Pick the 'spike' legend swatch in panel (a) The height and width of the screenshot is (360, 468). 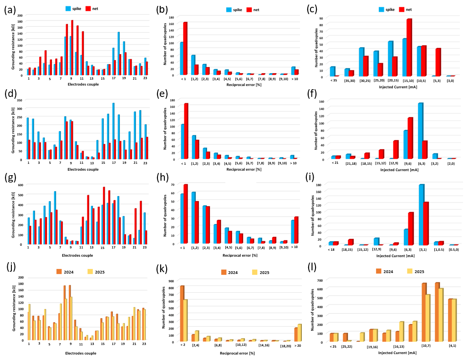click(x=68, y=9)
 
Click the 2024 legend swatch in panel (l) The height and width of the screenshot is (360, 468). click(x=379, y=271)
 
